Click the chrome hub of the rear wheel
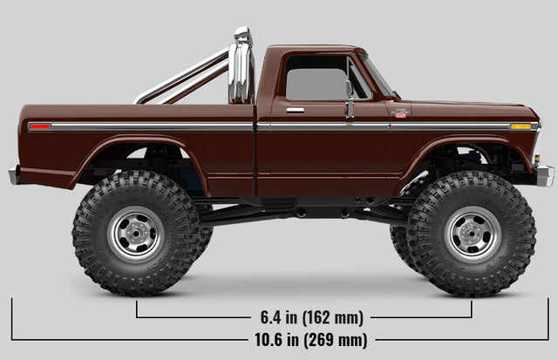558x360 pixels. [x=135, y=234]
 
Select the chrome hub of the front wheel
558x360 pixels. [x=472, y=234]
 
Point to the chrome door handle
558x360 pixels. [x=296, y=111]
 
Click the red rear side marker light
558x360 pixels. [x=40, y=126]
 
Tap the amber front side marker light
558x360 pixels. [x=521, y=126]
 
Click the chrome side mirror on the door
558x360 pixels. [x=349, y=96]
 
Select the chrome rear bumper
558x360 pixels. [x=14, y=174]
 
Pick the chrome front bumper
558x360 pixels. [x=545, y=174]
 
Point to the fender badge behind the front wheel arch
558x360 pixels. [x=400, y=113]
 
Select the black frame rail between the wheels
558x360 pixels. [x=296, y=209]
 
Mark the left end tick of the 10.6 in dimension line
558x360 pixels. [x=11, y=319]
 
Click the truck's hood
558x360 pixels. [x=471, y=110]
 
